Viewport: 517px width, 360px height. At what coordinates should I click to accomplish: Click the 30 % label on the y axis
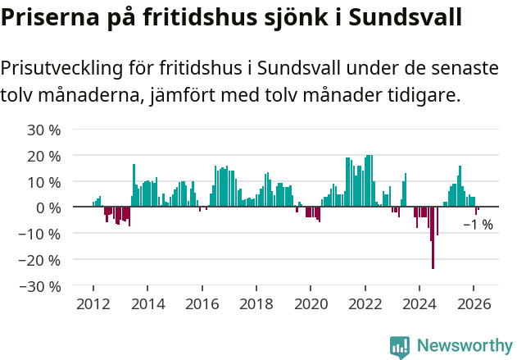click(44, 130)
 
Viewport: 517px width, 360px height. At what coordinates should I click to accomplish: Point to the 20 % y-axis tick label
click(44, 156)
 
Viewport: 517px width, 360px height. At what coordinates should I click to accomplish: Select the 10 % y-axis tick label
click(44, 182)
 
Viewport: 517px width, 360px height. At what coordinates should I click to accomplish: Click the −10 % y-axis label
click(41, 234)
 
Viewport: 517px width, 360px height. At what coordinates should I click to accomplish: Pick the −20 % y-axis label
click(41, 260)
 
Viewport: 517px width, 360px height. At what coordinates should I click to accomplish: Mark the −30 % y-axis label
click(41, 286)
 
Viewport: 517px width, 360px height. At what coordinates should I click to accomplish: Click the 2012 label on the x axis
click(93, 304)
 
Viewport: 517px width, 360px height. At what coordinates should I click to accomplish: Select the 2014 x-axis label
click(147, 304)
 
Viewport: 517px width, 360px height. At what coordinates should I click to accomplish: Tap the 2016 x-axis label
click(202, 304)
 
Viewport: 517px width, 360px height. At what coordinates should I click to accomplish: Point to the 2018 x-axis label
click(256, 304)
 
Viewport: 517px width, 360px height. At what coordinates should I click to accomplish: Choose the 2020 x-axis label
click(311, 304)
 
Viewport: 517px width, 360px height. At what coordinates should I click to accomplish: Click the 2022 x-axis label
click(365, 304)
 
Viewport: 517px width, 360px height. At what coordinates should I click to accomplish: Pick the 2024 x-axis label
click(419, 304)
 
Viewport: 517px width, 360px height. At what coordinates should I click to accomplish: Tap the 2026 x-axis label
click(474, 304)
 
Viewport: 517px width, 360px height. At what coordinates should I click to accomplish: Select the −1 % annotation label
click(478, 225)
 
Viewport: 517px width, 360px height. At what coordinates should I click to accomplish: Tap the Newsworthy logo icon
click(400, 346)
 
